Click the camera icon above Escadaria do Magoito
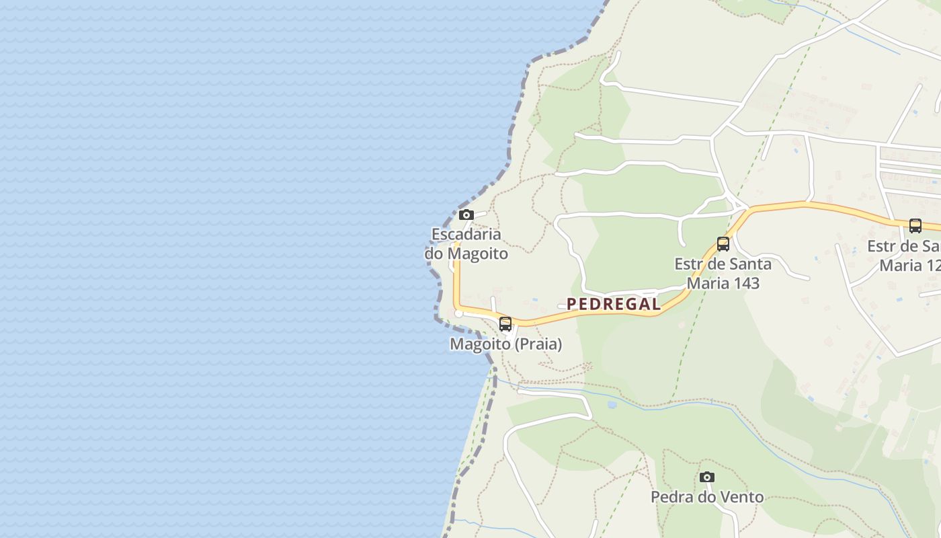[x=466, y=215]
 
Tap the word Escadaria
[x=466, y=235]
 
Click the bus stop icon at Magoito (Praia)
[x=505, y=324]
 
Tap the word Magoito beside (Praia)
[x=480, y=344]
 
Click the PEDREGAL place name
[x=614, y=304]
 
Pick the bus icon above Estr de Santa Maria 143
[x=723, y=244]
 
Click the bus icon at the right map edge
[x=915, y=226]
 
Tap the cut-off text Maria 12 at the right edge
[x=909, y=266]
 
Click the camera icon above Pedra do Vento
[x=706, y=477]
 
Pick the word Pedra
[x=671, y=498]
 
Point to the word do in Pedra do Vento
[x=704, y=498]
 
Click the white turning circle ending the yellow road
[x=459, y=313]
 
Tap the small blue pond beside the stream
[x=612, y=405]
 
